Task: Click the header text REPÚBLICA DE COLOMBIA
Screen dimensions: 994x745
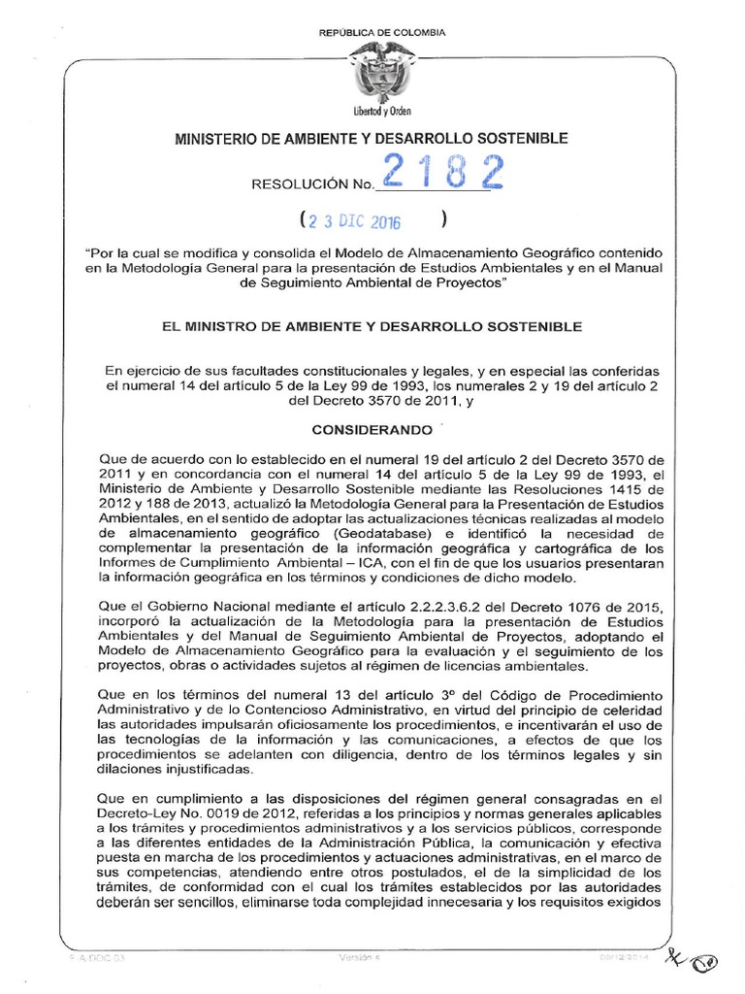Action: point(382,33)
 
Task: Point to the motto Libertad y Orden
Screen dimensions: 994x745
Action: point(382,111)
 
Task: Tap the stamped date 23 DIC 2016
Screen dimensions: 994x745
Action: point(355,220)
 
